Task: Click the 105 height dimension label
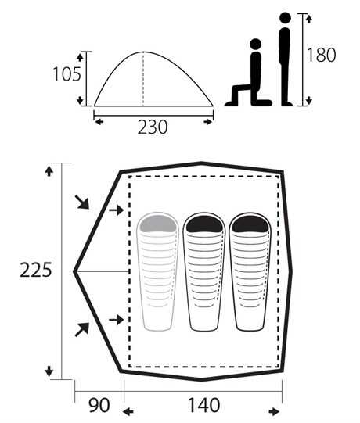click(x=67, y=74)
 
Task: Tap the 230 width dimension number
click(x=153, y=127)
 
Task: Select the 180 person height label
click(x=322, y=55)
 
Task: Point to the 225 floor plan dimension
click(x=36, y=270)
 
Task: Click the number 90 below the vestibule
click(x=99, y=405)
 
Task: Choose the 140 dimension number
click(x=204, y=405)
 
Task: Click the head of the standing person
click(x=285, y=18)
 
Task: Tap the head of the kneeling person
click(x=255, y=44)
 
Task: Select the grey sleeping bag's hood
click(x=158, y=224)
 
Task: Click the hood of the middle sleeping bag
click(x=204, y=224)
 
